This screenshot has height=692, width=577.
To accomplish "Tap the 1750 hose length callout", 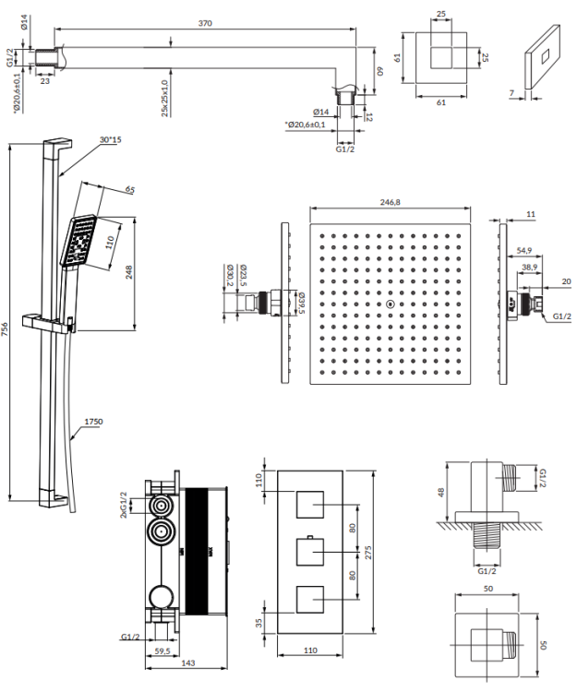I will (x=93, y=422).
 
